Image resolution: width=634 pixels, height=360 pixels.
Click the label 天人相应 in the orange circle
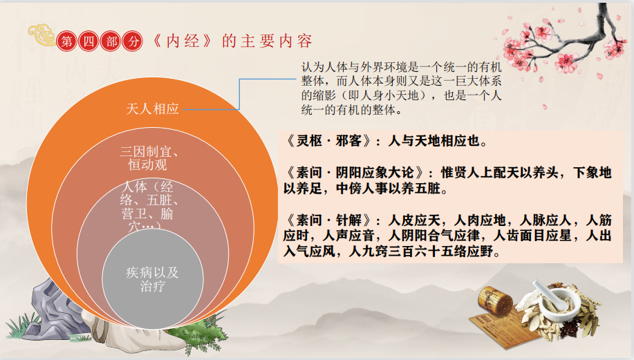pos(153,108)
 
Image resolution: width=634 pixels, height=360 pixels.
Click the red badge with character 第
pos(67,40)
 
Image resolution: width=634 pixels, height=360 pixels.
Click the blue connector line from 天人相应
pos(239,93)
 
